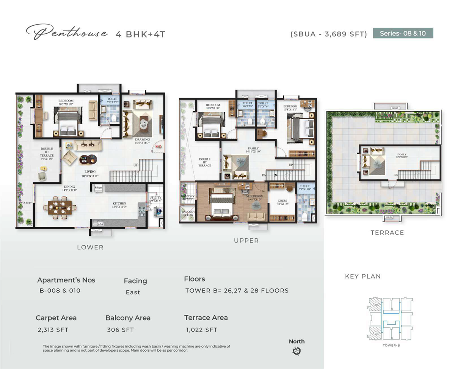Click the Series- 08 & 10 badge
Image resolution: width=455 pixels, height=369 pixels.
click(403, 33)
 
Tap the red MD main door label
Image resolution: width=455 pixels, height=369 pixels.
click(158, 146)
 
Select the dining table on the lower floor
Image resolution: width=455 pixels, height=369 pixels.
click(60, 209)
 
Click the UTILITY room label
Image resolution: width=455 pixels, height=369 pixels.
click(155, 198)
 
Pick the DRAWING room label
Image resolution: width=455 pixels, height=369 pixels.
click(143, 140)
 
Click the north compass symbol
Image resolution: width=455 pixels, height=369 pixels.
click(297, 351)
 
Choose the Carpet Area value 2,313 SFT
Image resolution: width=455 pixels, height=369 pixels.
click(53, 330)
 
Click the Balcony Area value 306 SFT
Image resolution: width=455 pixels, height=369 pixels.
click(120, 330)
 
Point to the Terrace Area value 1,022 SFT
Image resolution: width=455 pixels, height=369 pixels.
click(202, 330)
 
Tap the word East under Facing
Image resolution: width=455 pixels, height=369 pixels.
click(133, 292)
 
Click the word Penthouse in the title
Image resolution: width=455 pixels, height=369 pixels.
click(67, 33)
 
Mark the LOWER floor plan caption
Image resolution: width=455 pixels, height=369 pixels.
click(90, 247)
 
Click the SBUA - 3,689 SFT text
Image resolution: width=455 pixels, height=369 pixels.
click(329, 34)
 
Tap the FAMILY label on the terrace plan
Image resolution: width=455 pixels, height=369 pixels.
click(402, 154)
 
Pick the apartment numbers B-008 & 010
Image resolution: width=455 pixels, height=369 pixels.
click(60, 291)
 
